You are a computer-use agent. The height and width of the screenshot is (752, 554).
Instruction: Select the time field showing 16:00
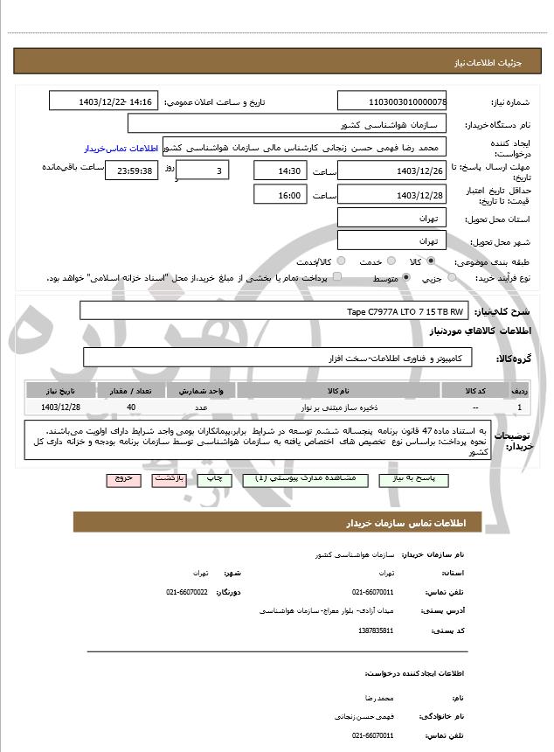pos(280,195)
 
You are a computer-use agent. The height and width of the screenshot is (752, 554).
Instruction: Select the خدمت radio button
pos(390,261)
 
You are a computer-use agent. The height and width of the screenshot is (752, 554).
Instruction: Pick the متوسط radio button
pos(406,278)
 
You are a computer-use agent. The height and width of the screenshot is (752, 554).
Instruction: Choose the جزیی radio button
pos(452,278)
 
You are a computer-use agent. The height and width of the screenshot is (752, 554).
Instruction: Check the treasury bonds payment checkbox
pos(338,278)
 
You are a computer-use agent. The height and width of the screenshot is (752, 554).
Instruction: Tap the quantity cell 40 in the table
pos(131,407)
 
